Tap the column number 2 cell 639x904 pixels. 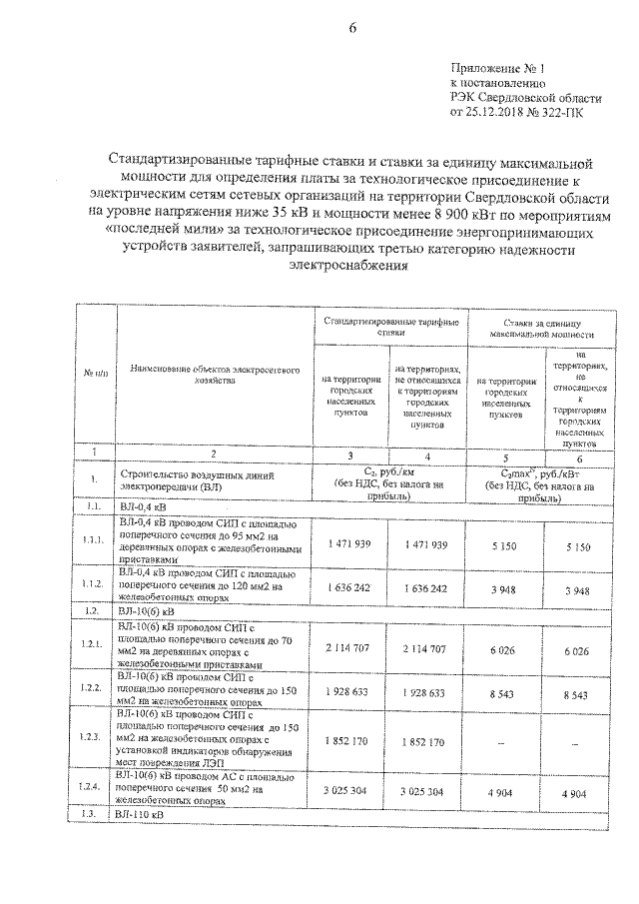click(212, 453)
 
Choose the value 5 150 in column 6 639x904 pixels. click(577, 546)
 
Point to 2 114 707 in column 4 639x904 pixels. click(426, 648)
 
